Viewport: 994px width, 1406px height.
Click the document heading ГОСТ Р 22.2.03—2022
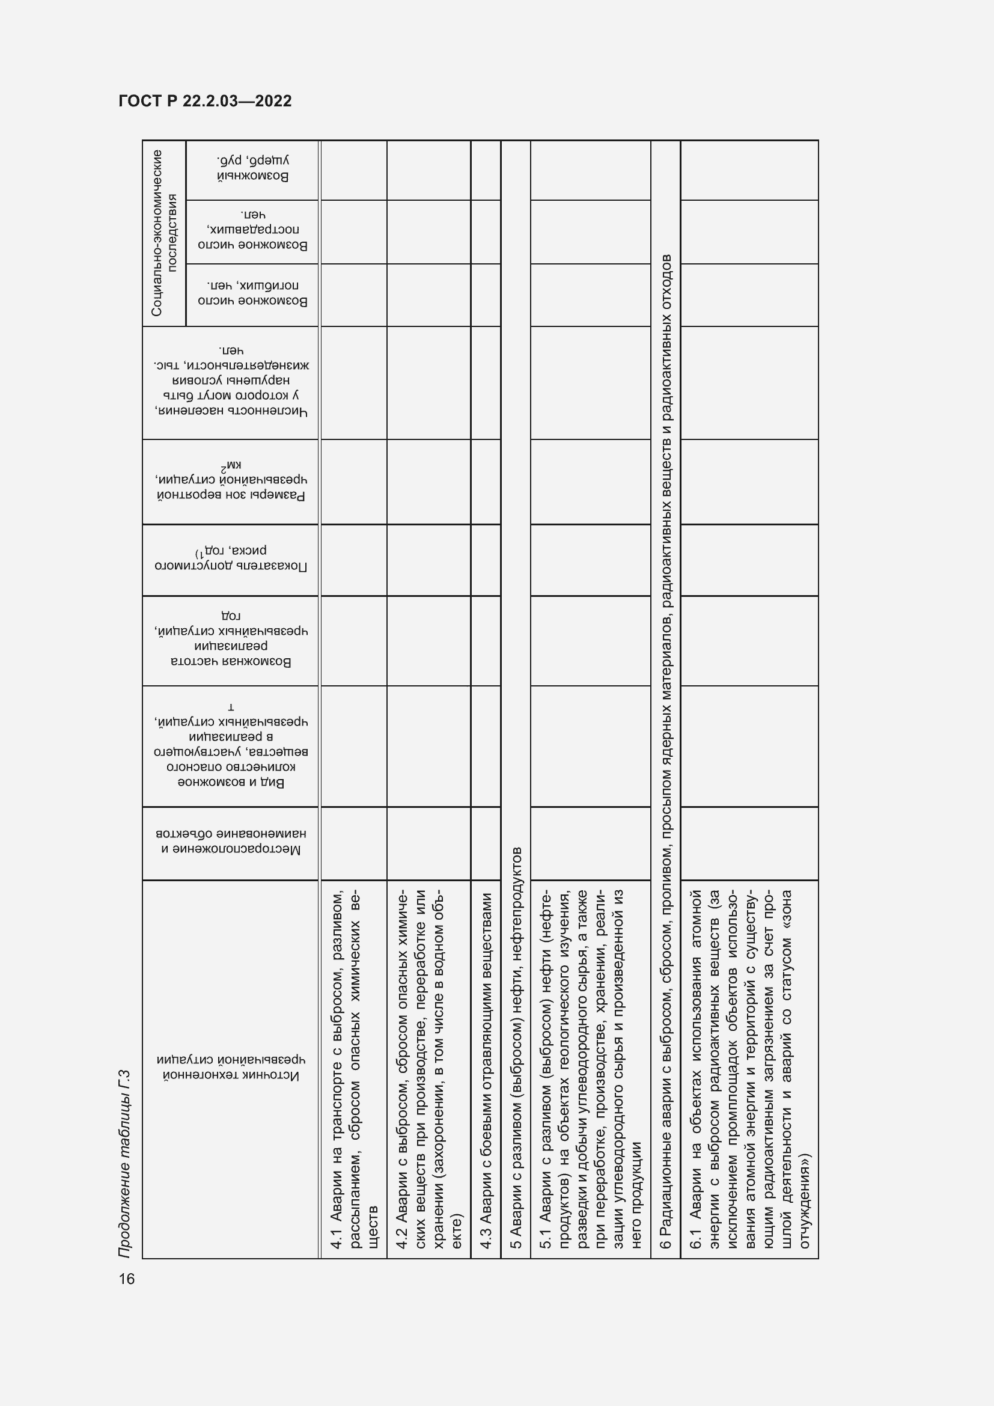coord(205,101)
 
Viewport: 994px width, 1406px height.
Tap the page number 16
coord(127,1279)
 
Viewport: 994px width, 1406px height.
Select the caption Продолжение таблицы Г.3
coord(125,1164)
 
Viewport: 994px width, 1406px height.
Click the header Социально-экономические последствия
coord(164,233)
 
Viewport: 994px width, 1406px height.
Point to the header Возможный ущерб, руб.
coord(252,168)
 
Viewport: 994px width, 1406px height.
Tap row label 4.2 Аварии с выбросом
coord(428,1069)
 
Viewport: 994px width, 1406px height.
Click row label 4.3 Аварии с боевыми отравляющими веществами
coord(486,1069)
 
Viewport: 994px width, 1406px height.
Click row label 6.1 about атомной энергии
coord(749,1069)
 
